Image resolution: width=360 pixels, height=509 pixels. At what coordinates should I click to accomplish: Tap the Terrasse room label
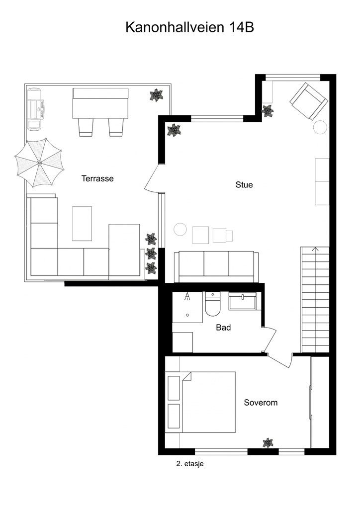point(97,178)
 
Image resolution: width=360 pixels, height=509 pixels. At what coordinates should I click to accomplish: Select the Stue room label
point(244,185)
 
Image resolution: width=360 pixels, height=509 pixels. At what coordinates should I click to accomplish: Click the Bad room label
point(223,328)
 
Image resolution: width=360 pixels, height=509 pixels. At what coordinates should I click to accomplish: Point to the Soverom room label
point(261,403)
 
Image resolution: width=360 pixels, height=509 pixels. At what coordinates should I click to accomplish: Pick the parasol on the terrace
point(39,163)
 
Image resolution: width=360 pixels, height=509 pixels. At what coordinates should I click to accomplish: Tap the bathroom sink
point(242,301)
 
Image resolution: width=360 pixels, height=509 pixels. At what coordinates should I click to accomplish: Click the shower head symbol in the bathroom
point(188,297)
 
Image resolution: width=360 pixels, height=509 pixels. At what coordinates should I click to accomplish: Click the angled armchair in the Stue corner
point(308,101)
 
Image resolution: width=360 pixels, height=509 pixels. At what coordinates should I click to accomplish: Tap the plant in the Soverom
point(268,442)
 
